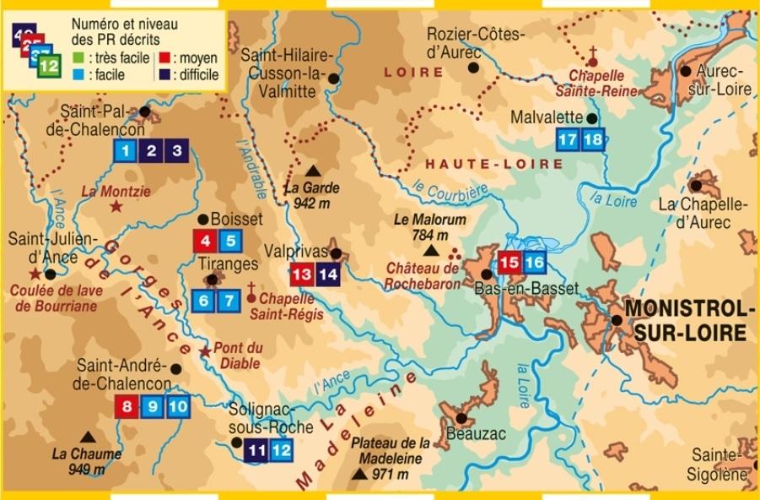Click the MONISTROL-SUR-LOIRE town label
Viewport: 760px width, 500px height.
tap(685, 319)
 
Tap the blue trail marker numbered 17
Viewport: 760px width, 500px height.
tap(568, 139)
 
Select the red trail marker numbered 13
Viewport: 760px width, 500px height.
tap(301, 274)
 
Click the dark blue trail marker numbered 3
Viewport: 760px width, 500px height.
tap(176, 152)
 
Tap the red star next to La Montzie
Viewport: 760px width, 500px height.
tap(116, 207)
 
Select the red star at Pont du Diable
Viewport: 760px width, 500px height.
tap(204, 351)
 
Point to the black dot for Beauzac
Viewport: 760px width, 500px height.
tap(461, 417)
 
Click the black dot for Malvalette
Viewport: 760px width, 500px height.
tap(592, 119)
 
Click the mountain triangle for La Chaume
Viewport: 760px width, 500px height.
tap(87, 437)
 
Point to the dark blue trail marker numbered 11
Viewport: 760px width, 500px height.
tap(257, 451)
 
